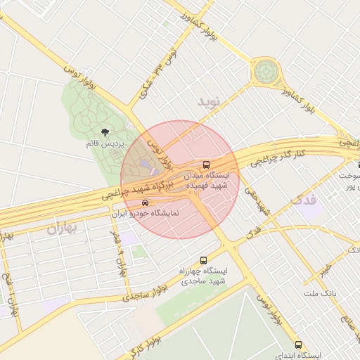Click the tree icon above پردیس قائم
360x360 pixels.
click(x=105, y=131)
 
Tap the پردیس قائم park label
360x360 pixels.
click(x=105, y=143)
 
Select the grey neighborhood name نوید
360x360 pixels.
click(x=209, y=103)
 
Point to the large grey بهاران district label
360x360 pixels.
click(x=61, y=229)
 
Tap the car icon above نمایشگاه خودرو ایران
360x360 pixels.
click(x=145, y=202)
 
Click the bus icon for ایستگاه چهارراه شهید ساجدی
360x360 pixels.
click(x=204, y=260)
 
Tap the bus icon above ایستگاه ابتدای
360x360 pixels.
click(x=299, y=345)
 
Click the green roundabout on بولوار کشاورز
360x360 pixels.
click(x=266, y=71)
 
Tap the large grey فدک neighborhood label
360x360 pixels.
click(x=304, y=200)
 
